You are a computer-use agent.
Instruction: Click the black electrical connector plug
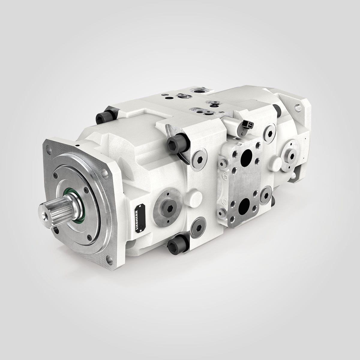[x=248, y=124]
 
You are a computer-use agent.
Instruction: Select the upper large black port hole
[x=247, y=155]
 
